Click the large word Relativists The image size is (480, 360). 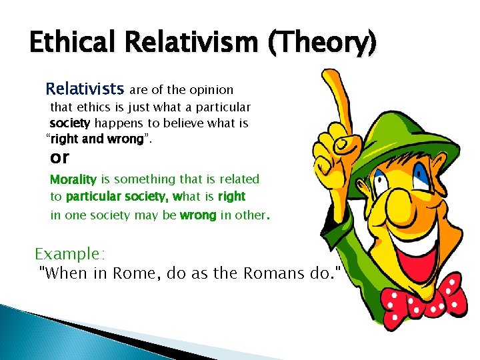click(85, 89)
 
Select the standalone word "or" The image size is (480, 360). click(60, 157)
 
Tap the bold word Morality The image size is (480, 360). click(74, 179)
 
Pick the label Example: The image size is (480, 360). click(70, 254)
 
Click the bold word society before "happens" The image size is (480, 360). click(71, 123)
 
